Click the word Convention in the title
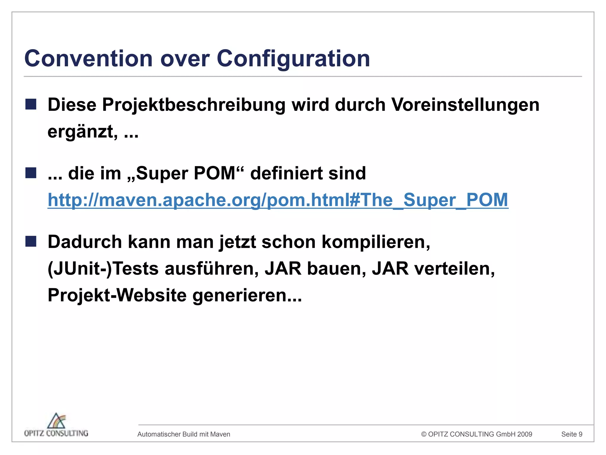point(88,59)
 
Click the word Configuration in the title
point(293,59)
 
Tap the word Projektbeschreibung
point(194,105)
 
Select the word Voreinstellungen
point(465,105)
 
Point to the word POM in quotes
point(214,173)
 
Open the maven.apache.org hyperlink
point(278,200)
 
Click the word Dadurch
point(85,242)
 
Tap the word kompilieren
point(376,242)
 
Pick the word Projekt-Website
point(117,295)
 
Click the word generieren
point(247,295)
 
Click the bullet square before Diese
point(31,104)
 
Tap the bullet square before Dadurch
point(31,241)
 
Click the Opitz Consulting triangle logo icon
point(57,421)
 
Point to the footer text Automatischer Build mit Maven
point(184,434)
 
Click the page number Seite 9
point(572,434)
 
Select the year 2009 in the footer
point(525,434)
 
